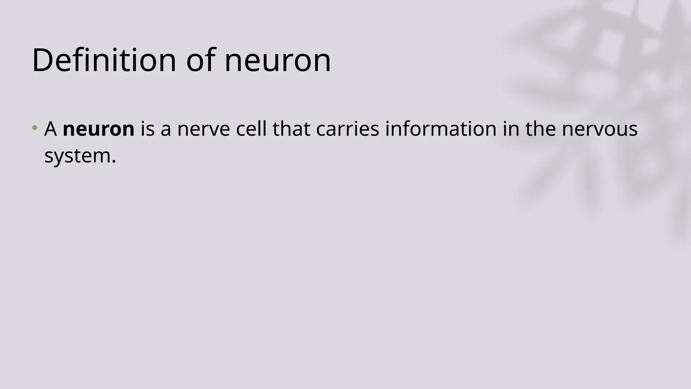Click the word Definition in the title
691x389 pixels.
[104, 60]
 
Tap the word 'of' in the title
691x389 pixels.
[201, 60]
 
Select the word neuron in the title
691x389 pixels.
[277, 60]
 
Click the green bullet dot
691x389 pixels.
[34, 128]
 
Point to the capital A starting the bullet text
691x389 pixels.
[51, 129]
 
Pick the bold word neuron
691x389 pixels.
[99, 130]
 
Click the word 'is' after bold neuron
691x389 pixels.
[147, 129]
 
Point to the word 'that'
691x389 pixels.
[291, 129]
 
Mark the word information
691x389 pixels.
[441, 129]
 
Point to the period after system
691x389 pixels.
[114, 161]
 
